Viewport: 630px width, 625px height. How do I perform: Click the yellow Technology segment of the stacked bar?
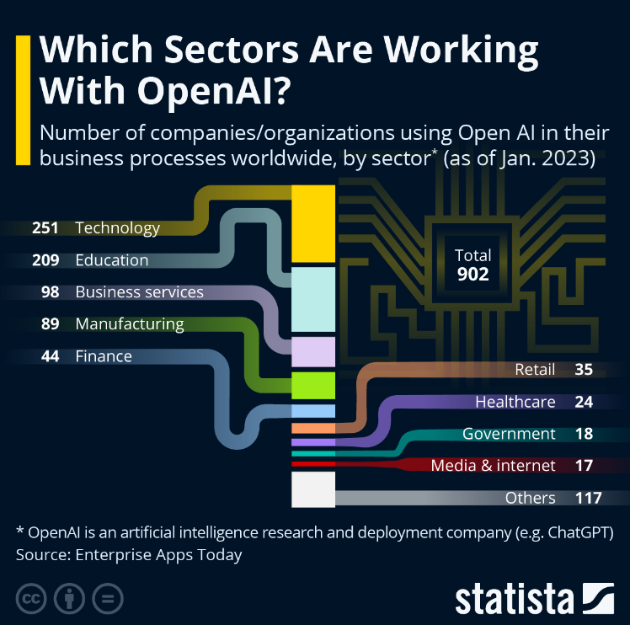(313, 224)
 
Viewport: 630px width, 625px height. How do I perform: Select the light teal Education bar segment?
(313, 299)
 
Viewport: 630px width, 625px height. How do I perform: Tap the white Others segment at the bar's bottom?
(313, 489)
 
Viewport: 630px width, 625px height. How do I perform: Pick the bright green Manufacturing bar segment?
(313, 385)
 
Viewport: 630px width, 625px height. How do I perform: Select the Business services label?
(139, 292)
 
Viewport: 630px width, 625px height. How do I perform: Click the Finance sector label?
(104, 356)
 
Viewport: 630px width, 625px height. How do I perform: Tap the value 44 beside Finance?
(50, 356)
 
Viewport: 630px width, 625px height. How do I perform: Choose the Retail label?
(535, 370)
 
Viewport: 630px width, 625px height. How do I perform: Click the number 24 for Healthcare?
(584, 402)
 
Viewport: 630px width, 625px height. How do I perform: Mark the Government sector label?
(509, 434)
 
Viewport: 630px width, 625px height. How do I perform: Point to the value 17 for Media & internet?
(584, 465)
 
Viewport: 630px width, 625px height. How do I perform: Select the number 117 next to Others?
(588, 498)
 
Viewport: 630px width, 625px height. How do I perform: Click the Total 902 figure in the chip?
(472, 265)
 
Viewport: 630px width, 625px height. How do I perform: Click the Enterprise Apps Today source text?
(157, 555)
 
